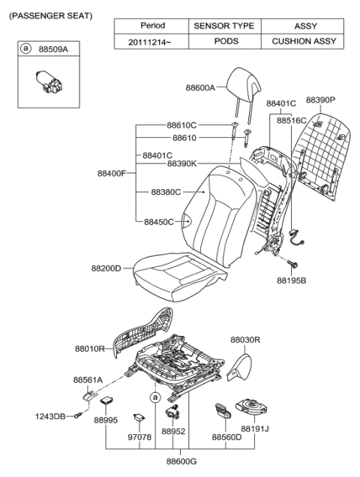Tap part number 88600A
click(x=201, y=88)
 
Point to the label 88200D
click(x=106, y=267)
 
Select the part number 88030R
click(x=245, y=340)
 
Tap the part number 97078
click(x=139, y=436)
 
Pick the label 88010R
click(x=90, y=349)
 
